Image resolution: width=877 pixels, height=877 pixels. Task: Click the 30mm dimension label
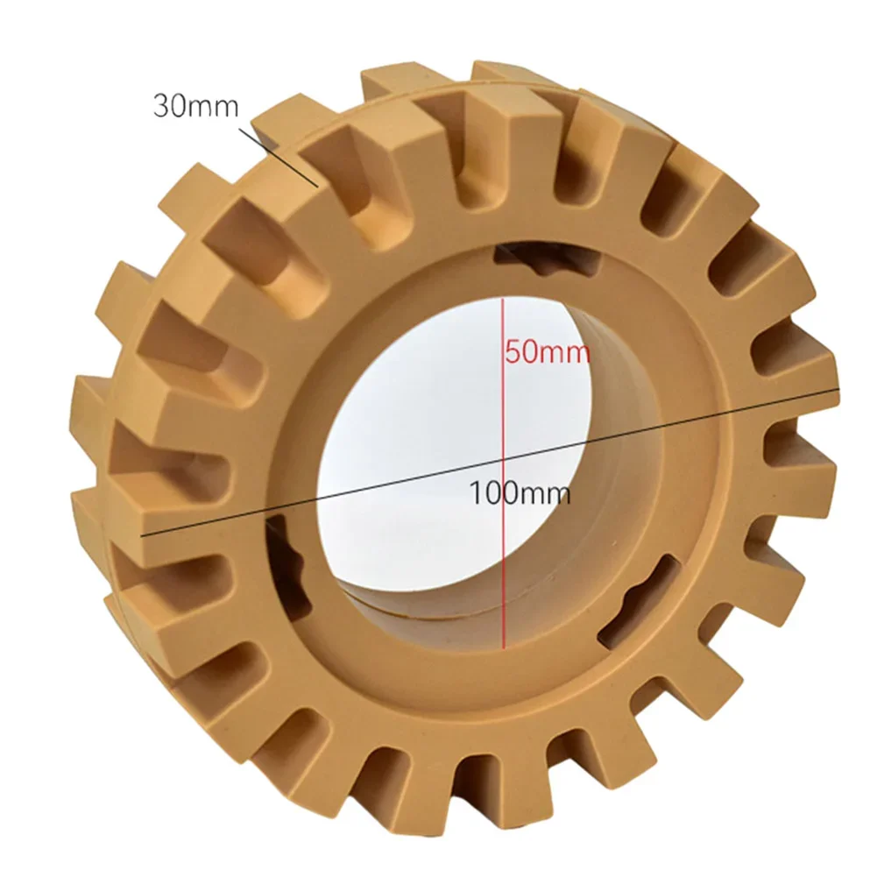click(x=195, y=107)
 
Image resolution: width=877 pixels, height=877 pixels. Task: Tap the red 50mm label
click(x=547, y=354)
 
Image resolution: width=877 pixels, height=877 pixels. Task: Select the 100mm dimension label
click(x=520, y=492)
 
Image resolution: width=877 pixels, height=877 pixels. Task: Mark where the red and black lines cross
click(x=503, y=457)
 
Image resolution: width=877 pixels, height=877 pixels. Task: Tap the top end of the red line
click(x=503, y=299)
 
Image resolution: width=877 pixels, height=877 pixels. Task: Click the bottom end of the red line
click(x=503, y=649)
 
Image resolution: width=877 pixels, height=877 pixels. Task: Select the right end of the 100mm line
click(x=839, y=388)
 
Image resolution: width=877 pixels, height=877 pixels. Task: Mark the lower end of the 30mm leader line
click(x=317, y=186)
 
